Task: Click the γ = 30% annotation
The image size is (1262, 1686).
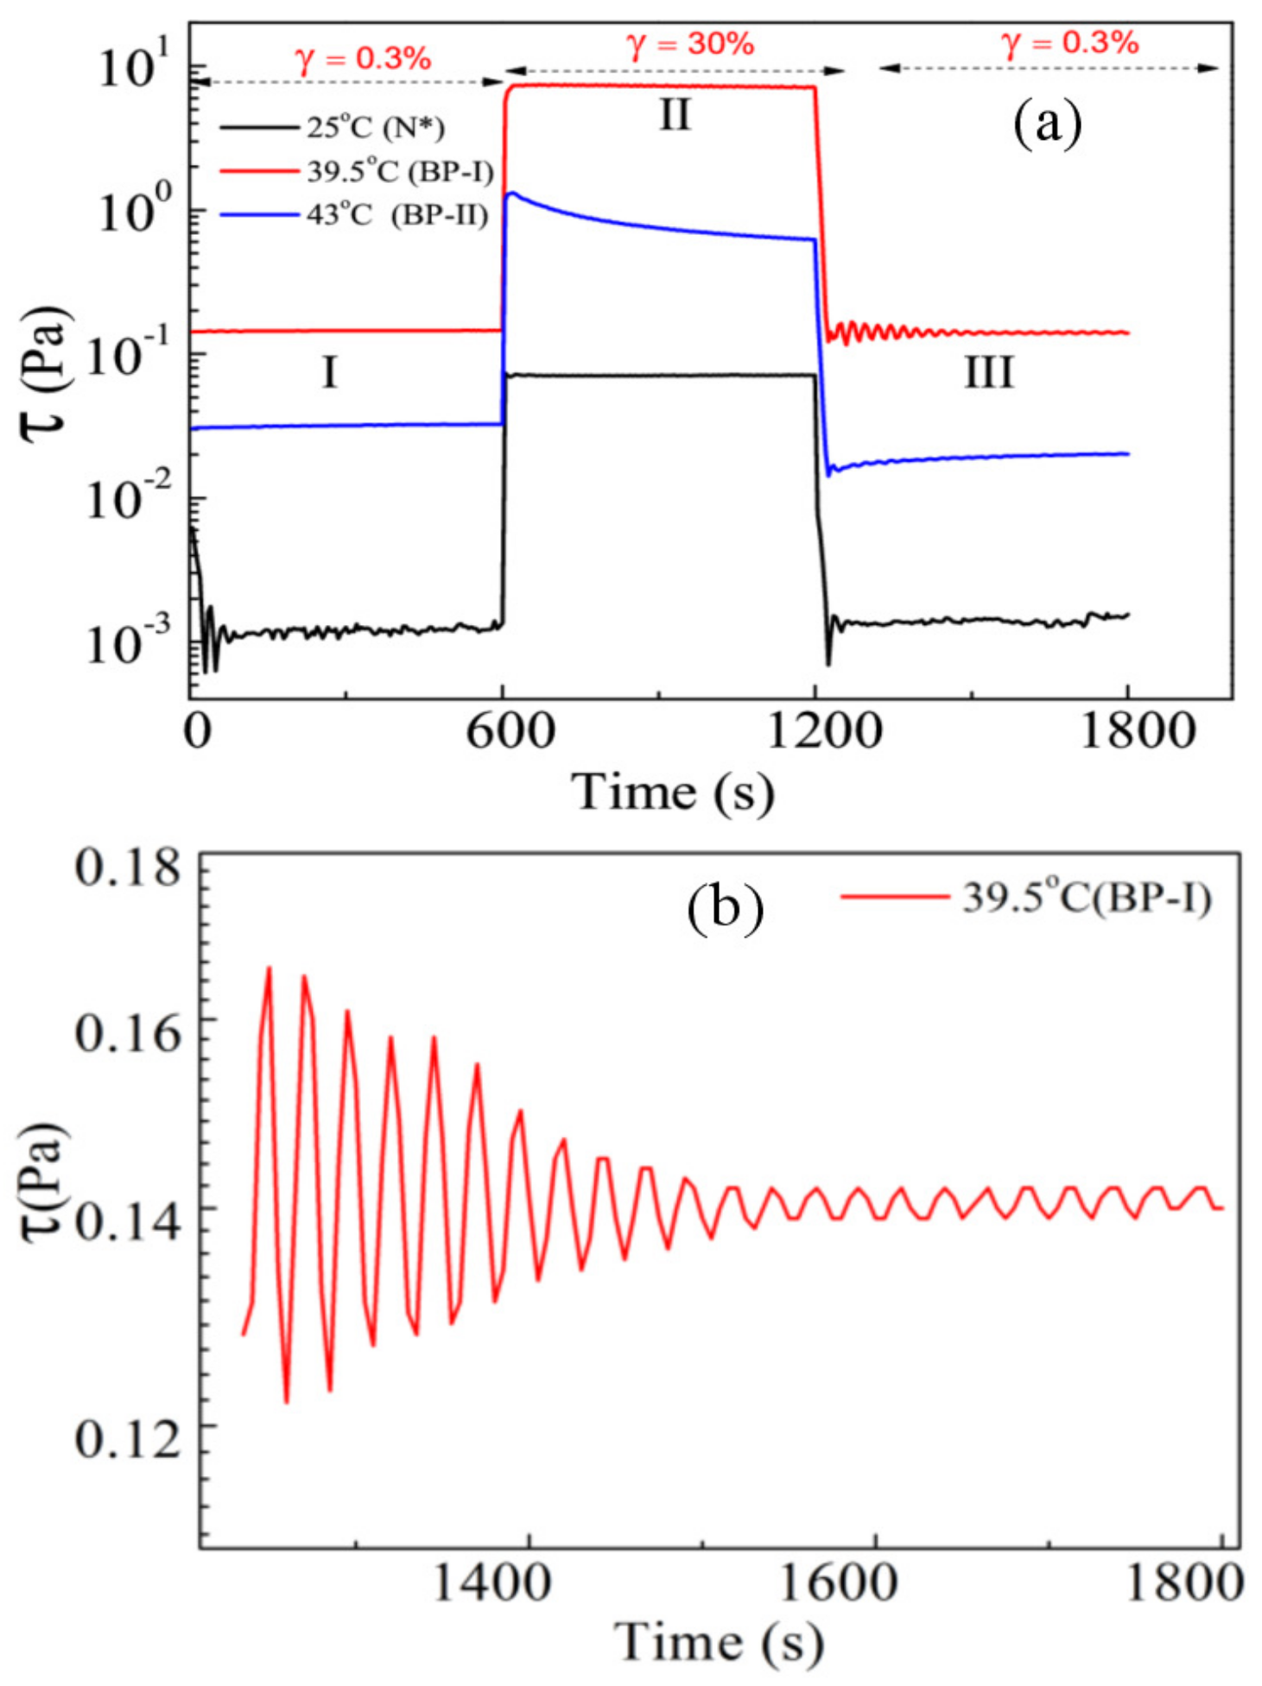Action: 689,43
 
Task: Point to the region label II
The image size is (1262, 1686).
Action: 675,115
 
